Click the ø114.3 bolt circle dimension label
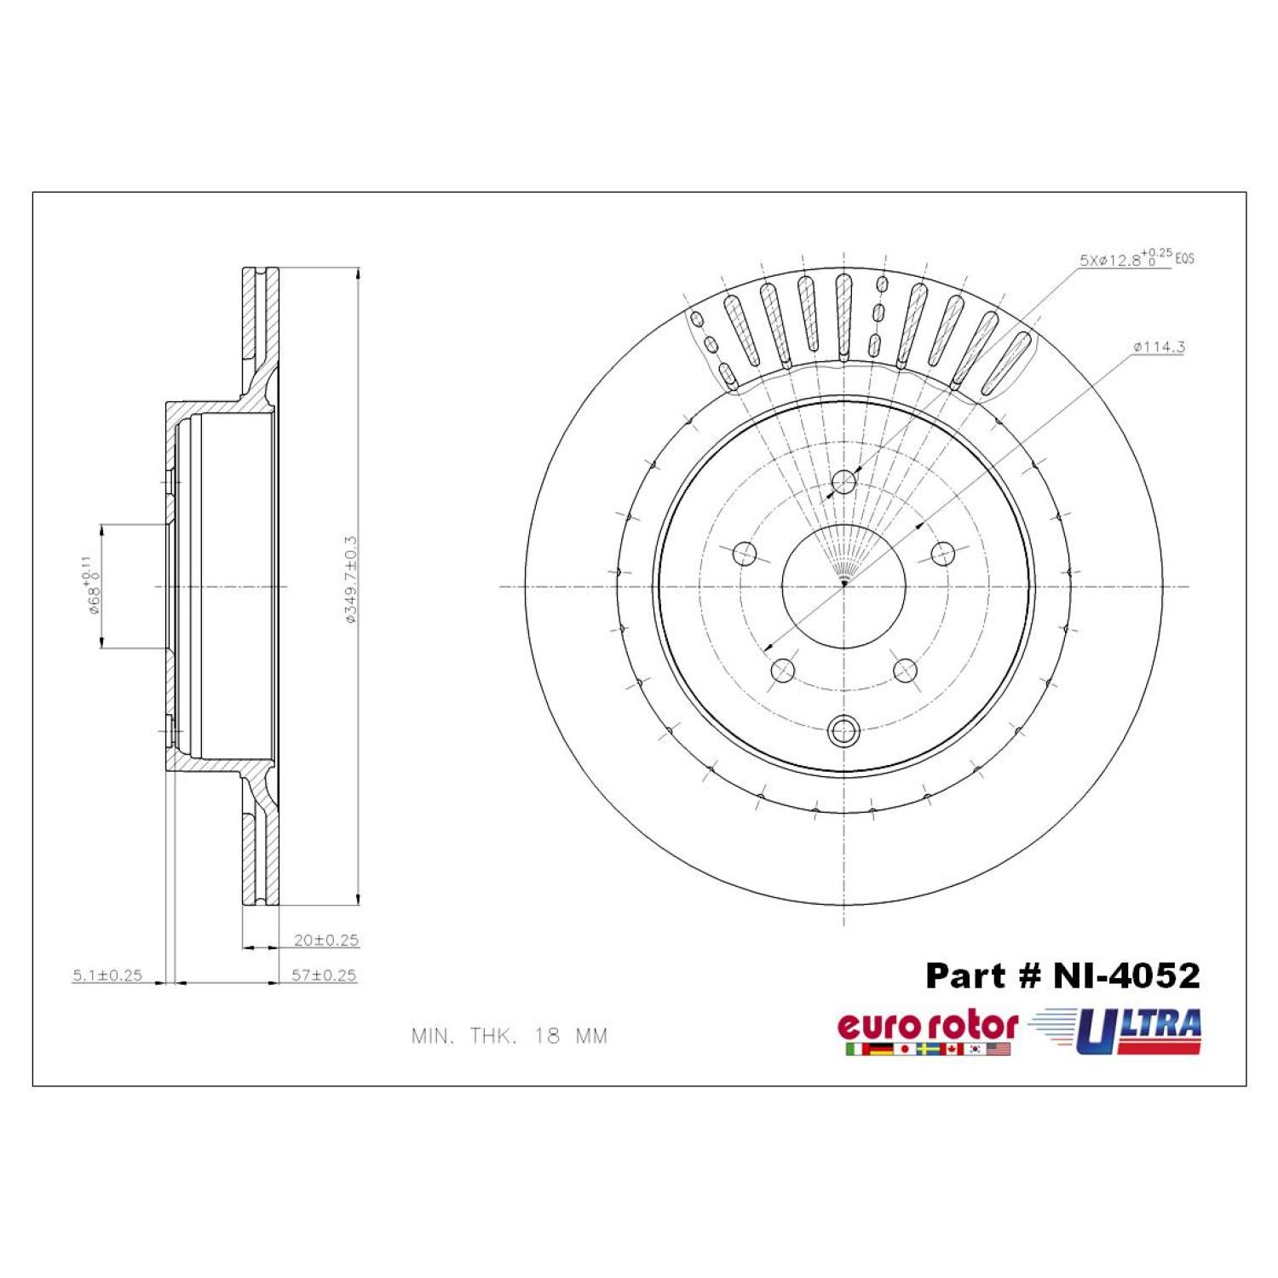tap(1159, 347)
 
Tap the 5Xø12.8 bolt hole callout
tap(1137, 257)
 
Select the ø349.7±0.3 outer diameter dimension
tap(350, 580)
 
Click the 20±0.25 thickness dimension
tap(326, 940)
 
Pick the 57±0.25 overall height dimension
tap(324, 975)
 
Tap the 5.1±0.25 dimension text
tap(107, 976)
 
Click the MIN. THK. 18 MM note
tap(509, 1036)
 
